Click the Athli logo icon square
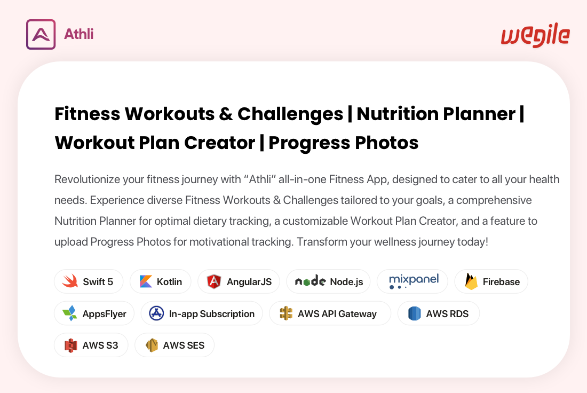pyautogui.click(x=41, y=35)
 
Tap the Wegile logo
pyautogui.click(x=535, y=35)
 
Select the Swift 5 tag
pyautogui.click(x=89, y=281)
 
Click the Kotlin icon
pyautogui.click(x=146, y=281)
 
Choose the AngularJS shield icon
pyautogui.click(x=214, y=281)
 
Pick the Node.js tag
pyautogui.click(x=328, y=281)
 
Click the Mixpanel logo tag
pyautogui.click(x=412, y=281)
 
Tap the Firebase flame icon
pyautogui.click(x=471, y=281)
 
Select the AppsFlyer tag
pyautogui.click(x=94, y=313)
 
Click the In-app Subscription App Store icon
pyautogui.click(x=156, y=313)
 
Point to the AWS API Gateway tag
pyautogui.click(x=330, y=313)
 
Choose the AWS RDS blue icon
pyautogui.click(x=415, y=313)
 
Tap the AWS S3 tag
pyautogui.click(x=91, y=345)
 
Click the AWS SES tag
pyautogui.click(x=174, y=345)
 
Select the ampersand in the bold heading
pyautogui.click(x=226, y=114)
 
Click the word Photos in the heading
pyautogui.click(x=386, y=143)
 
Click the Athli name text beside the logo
pyautogui.click(x=78, y=34)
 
